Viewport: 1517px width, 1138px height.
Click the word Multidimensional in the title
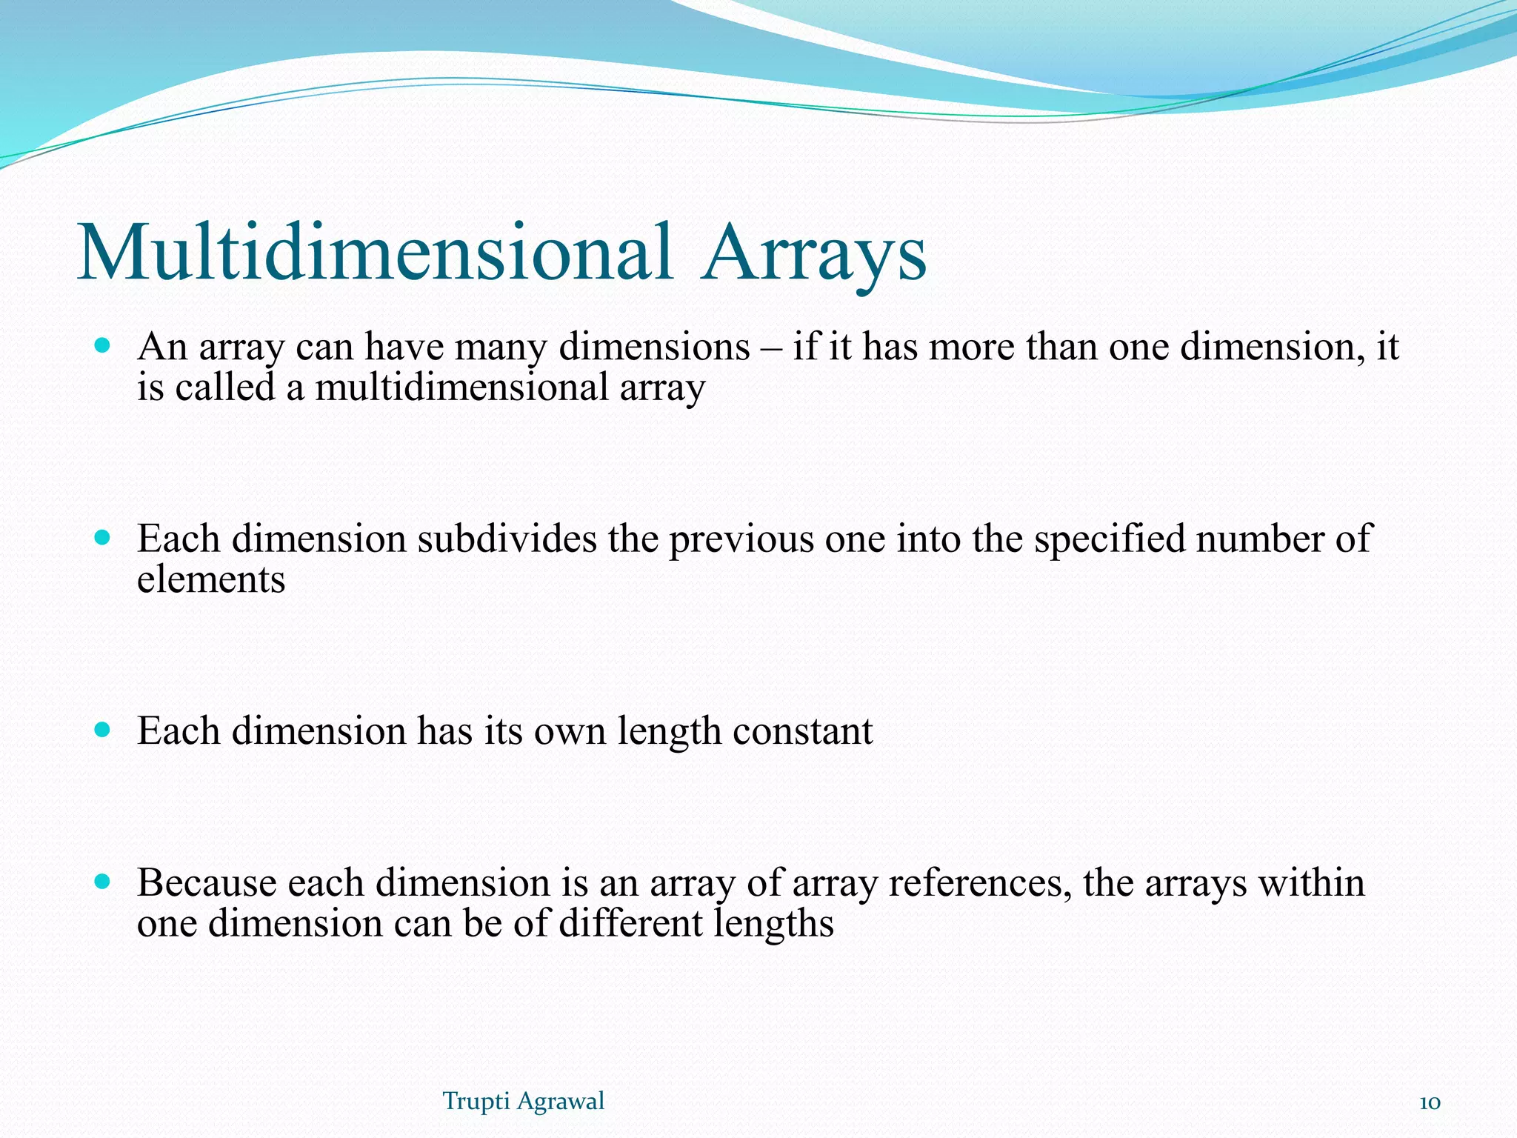pyautogui.click(x=374, y=253)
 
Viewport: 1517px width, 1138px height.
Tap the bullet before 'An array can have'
pyautogui.click(x=103, y=345)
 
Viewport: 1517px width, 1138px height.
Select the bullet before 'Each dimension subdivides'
pyautogui.click(x=103, y=537)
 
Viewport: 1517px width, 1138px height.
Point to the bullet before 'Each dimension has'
pyautogui.click(x=103, y=730)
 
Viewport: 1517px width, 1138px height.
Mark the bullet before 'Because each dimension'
pyautogui.click(x=103, y=882)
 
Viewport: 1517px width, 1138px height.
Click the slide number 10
pyautogui.click(x=1429, y=1102)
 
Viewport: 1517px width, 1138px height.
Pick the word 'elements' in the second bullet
pyautogui.click(x=211, y=579)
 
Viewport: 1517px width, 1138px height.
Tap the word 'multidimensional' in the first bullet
pyautogui.click(x=461, y=387)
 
